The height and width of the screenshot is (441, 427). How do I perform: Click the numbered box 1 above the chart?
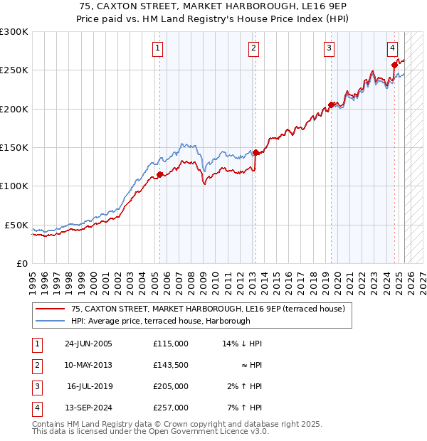[x=157, y=48]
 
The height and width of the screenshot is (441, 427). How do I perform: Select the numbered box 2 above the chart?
[x=253, y=48]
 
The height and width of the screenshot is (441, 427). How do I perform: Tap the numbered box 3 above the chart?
[x=330, y=48]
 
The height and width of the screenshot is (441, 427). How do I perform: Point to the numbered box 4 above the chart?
[x=392, y=48]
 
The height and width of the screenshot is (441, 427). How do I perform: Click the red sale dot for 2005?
[x=159, y=174]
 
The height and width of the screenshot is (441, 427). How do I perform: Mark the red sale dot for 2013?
[x=255, y=152]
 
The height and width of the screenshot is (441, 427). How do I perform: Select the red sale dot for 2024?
[x=394, y=65]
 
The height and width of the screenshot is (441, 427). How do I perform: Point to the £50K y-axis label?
[x=16, y=225]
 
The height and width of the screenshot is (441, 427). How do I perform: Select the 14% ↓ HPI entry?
[x=242, y=344]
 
